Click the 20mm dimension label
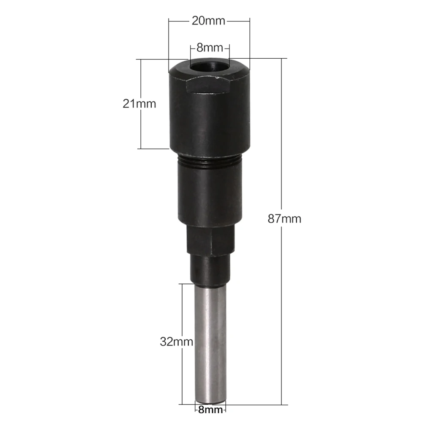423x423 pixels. pos(208,21)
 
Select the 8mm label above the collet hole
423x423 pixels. pos(210,48)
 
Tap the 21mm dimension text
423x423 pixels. pos(139,104)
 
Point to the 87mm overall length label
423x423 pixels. pos(284,219)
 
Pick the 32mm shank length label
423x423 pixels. pos(177,342)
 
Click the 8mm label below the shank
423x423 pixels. pos(210,410)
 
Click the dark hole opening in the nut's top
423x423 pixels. pos(210,67)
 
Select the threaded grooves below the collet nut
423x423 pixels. pos(210,161)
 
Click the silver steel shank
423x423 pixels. pos(210,343)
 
